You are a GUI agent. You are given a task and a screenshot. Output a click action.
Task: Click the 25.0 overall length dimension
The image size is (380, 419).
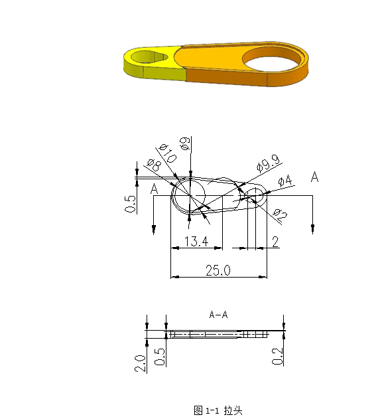tap(218, 270)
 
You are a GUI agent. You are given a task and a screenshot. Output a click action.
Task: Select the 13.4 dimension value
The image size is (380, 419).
tap(196, 241)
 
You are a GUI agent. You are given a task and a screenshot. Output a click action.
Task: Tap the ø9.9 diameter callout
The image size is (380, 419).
tap(269, 163)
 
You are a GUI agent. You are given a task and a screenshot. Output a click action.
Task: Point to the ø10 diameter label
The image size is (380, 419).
tap(168, 153)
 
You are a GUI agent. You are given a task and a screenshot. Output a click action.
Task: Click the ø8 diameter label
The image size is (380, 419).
tap(154, 165)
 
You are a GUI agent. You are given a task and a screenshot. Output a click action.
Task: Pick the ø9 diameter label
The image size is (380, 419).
tap(185, 143)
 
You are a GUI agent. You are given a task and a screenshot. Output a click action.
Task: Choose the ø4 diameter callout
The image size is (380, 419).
tap(285, 181)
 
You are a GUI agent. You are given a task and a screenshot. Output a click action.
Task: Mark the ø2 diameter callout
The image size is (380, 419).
tap(280, 215)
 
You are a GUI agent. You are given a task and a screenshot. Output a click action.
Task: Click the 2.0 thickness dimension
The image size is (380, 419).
tap(141, 363)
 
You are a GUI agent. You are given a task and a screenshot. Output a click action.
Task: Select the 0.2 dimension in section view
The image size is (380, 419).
tap(277, 356)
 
